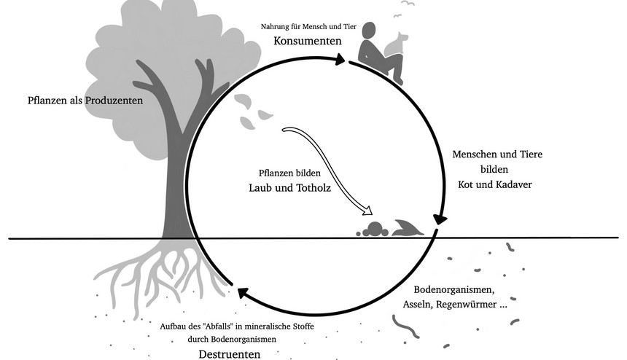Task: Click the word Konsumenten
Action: (308, 41)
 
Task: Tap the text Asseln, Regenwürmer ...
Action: (456, 304)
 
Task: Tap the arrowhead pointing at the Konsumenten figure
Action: (340, 61)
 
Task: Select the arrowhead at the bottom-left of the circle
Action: (240, 294)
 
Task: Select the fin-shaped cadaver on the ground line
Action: (406, 229)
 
